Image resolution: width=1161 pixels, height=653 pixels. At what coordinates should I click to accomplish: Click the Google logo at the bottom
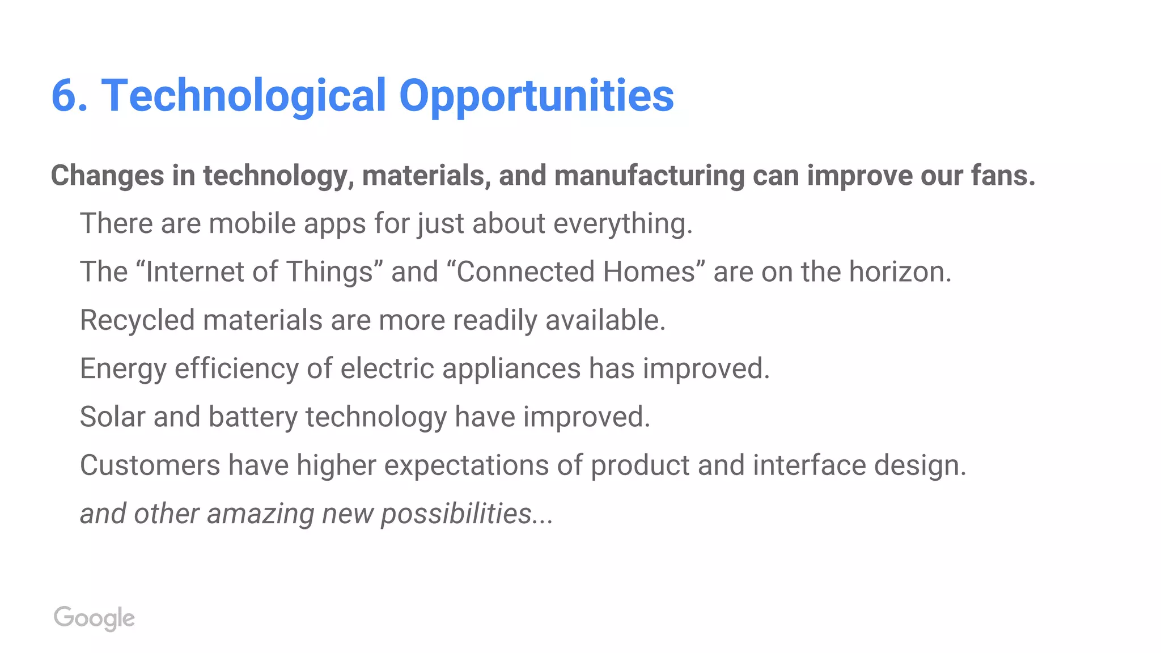(94, 618)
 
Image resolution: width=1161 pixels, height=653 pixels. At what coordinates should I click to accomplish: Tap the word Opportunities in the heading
(536, 95)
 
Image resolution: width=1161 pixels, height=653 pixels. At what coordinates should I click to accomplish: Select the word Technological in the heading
(244, 95)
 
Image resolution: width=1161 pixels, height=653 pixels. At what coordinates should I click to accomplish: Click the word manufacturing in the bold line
(649, 175)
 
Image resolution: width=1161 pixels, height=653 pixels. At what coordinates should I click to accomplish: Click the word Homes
(649, 272)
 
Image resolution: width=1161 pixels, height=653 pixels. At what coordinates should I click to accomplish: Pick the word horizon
(899, 272)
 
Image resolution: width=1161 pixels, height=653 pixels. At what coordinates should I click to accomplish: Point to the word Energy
(123, 368)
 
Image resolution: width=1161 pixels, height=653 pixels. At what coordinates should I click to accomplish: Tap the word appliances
(511, 368)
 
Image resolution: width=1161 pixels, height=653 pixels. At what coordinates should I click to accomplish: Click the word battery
(253, 417)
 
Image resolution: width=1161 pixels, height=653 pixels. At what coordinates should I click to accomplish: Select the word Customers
(150, 465)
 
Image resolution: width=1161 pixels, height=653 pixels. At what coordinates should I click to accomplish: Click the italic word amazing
(260, 514)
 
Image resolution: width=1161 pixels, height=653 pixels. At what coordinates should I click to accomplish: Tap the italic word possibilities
(456, 514)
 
